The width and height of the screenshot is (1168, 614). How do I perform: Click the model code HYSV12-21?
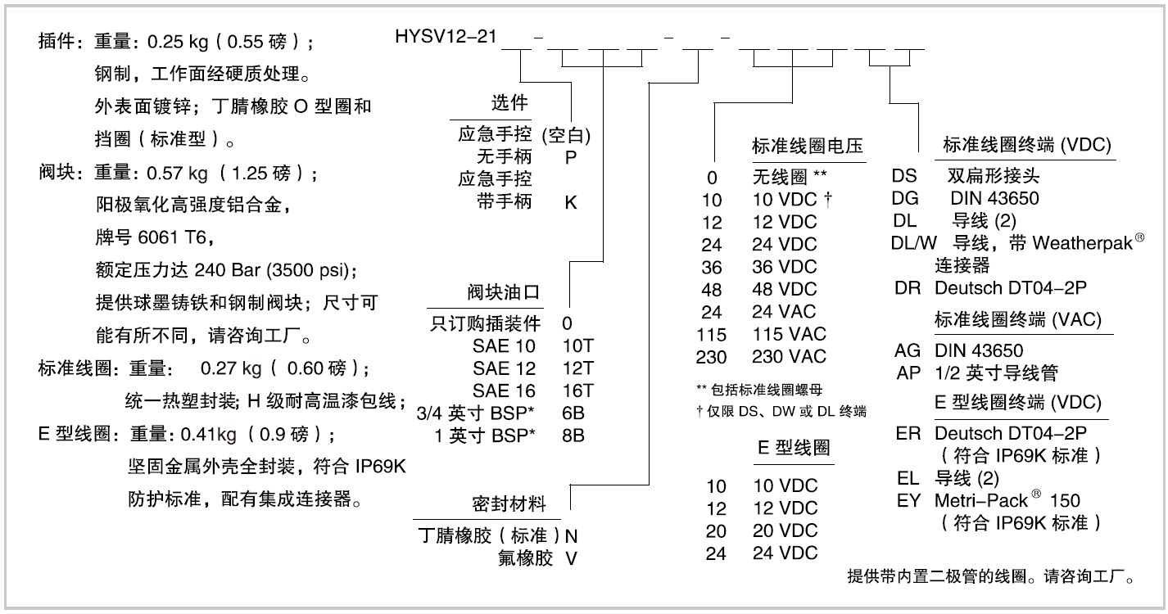tap(446, 37)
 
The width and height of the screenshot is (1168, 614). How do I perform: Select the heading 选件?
tap(509, 102)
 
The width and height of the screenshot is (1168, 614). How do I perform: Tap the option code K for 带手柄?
tap(570, 202)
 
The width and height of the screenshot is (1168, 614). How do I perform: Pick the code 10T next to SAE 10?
tap(577, 345)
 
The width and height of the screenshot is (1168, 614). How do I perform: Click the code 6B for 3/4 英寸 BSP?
tap(573, 413)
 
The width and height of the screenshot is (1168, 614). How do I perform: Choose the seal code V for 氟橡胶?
tap(571, 558)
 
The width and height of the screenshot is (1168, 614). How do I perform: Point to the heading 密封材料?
tap(509, 503)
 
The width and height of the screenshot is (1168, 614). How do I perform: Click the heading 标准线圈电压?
tap(808, 146)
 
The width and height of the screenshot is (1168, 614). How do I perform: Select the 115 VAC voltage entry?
tap(789, 334)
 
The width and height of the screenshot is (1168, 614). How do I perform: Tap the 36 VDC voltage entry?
tap(784, 267)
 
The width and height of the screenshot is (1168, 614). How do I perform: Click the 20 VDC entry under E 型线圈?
tap(785, 530)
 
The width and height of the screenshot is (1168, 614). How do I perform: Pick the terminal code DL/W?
tap(913, 243)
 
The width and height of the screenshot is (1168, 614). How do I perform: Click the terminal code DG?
tap(905, 198)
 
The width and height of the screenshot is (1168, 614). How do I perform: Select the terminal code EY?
tap(909, 500)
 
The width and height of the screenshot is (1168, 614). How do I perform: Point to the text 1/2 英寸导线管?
tap(997, 372)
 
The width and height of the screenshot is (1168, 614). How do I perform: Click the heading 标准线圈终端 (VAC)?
tap(1018, 319)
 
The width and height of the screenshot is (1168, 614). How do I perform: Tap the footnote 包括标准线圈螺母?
tap(767, 390)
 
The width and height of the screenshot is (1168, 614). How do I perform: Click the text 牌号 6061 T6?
tap(155, 237)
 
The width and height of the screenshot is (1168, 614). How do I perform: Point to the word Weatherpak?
tap(1083, 243)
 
